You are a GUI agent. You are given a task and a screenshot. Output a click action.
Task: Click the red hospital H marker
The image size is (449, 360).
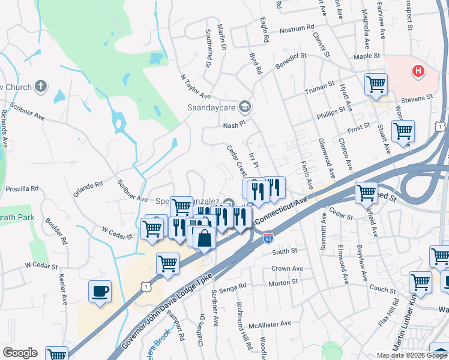coord(418,72)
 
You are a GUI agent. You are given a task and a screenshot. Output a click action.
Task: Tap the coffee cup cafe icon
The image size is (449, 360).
coord(100,292)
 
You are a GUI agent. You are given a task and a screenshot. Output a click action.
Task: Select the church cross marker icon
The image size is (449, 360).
coord(41,87)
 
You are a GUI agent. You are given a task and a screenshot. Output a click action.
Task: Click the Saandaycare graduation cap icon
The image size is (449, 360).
coord(244,107)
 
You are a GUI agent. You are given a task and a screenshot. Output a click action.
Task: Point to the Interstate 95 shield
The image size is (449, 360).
coord(268,239)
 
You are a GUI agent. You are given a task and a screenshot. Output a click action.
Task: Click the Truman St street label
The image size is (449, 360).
coord(319,88)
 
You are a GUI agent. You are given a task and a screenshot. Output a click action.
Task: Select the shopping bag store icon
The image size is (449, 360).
coord(205,238)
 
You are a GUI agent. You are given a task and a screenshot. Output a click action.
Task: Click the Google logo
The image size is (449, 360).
coord(20,353)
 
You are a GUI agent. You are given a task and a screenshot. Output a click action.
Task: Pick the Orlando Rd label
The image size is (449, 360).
coord(88,189)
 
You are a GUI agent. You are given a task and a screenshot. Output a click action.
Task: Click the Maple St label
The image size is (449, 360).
coord(367,56)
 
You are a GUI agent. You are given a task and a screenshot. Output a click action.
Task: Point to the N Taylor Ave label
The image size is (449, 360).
coord(195,87)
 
